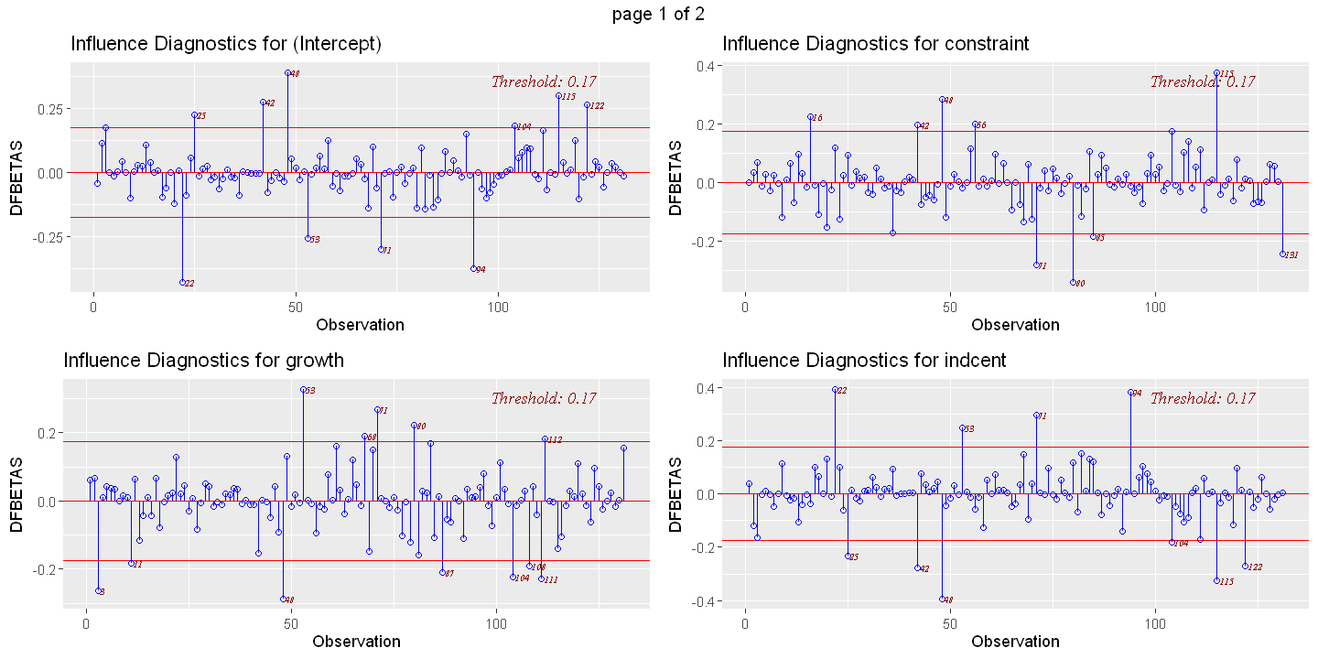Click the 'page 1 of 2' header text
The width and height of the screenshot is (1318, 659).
tap(659, 13)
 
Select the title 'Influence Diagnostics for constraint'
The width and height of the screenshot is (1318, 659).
tap(875, 43)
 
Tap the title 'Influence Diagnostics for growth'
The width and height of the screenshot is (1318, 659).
tap(204, 360)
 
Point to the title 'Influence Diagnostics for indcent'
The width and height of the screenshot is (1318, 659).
tap(864, 360)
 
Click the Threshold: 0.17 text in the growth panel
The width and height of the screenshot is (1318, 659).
tap(544, 398)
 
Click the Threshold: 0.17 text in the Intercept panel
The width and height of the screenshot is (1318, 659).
tap(544, 81)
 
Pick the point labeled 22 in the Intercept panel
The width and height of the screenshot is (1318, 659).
tap(182, 282)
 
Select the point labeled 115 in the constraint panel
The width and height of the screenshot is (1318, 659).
tap(1217, 73)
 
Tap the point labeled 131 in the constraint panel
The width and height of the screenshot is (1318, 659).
tap(1282, 254)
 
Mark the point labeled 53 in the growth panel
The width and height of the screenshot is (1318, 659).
tap(303, 389)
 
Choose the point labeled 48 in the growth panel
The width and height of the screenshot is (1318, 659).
tap(283, 599)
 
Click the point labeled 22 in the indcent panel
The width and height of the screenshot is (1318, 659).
tap(835, 389)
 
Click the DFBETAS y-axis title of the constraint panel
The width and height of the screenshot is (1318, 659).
tap(676, 177)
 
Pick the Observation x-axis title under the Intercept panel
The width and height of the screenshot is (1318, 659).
tap(360, 324)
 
